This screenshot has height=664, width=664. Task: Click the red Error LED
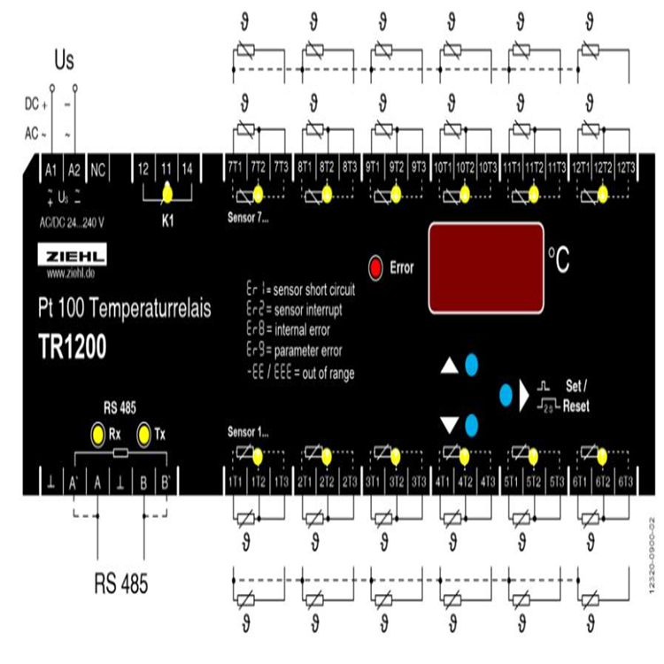point(376,266)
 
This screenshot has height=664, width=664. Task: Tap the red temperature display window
point(485,268)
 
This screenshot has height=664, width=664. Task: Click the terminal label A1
point(51,168)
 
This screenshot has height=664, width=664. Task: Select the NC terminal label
point(98,168)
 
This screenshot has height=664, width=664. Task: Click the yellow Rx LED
point(98,434)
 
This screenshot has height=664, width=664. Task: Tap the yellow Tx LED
point(145,434)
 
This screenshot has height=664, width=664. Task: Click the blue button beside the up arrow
point(473,364)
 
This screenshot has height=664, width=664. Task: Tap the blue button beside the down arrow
point(473,423)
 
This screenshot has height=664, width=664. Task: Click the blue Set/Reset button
point(506,395)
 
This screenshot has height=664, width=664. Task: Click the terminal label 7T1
point(235,167)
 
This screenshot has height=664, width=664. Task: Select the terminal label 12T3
point(625,167)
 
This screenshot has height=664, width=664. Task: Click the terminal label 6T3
point(625,481)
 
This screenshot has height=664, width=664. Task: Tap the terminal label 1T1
point(235,481)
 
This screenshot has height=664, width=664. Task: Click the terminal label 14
point(187,168)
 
